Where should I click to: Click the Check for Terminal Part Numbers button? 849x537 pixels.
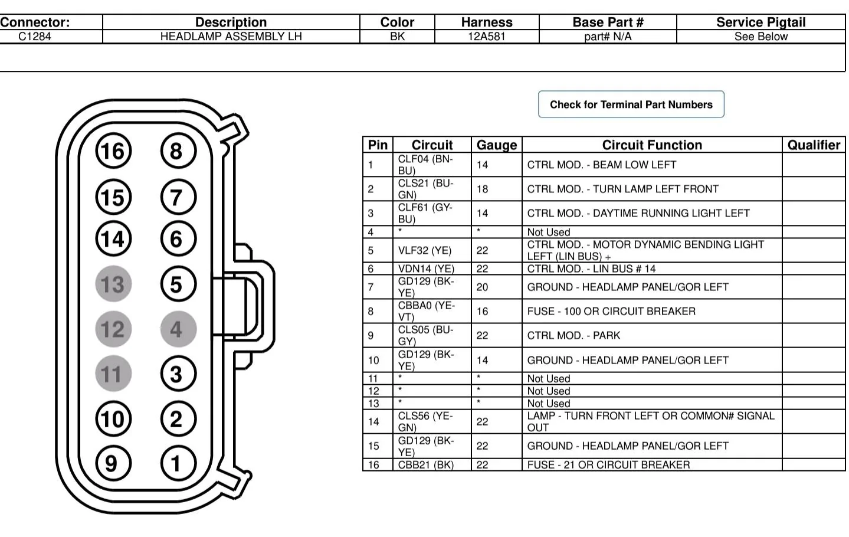click(631, 104)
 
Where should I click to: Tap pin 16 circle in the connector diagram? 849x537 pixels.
click(113, 151)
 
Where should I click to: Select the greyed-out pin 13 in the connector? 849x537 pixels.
click(113, 284)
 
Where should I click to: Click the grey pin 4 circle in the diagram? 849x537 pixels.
click(178, 329)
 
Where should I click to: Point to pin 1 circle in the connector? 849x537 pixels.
click(178, 464)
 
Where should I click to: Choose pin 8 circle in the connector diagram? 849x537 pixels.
click(178, 151)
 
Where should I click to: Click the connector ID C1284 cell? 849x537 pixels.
click(35, 37)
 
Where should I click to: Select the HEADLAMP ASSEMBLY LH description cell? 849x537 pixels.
click(231, 37)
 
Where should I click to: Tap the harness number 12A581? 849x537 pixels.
click(486, 37)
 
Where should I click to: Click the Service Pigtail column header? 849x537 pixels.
click(761, 22)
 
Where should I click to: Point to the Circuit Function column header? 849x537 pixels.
click(652, 145)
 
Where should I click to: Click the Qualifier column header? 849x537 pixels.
click(814, 145)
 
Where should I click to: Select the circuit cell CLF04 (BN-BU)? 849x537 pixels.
click(425, 165)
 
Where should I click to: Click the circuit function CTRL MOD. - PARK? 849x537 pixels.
click(573, 335)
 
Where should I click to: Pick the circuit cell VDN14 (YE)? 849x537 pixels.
click(426, 268)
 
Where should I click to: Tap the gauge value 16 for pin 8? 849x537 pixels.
click(482, 311)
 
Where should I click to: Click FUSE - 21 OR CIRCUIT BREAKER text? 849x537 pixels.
click(608, 465)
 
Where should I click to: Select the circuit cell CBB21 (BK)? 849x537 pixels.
click(425, 465)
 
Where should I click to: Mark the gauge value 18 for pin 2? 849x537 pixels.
click(482, 189)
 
